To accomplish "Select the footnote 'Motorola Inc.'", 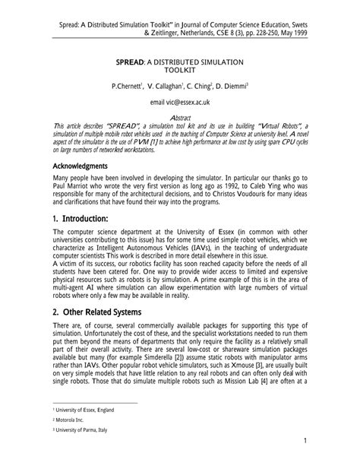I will pyautogui.click(x=60, y=420).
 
